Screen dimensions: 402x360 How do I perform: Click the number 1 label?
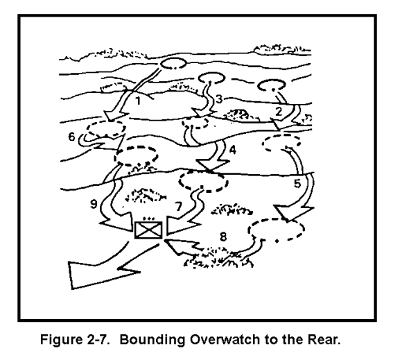[138, 101]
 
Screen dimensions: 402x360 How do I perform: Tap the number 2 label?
[279, 112]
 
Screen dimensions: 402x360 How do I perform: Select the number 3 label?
[219, 99]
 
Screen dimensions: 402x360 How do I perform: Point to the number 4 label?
[232, 150]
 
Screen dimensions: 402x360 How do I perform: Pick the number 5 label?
[297, 183]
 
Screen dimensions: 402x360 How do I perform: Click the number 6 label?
[71, 137]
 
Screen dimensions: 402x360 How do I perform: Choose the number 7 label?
[178, 206]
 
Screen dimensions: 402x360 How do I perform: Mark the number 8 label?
[223, 237]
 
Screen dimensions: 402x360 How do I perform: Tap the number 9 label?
[94, 204]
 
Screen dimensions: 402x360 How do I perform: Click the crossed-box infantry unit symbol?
[149, 230]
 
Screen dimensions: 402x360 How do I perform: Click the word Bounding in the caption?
[152, 340]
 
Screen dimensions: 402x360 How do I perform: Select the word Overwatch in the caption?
[225, 339]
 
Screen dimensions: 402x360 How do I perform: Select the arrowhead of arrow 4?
[212, 165]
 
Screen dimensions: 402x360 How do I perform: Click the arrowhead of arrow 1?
[115, 116]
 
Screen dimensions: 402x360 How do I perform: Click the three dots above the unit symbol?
[149, 219]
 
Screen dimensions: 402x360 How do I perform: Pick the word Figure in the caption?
[60, 340]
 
